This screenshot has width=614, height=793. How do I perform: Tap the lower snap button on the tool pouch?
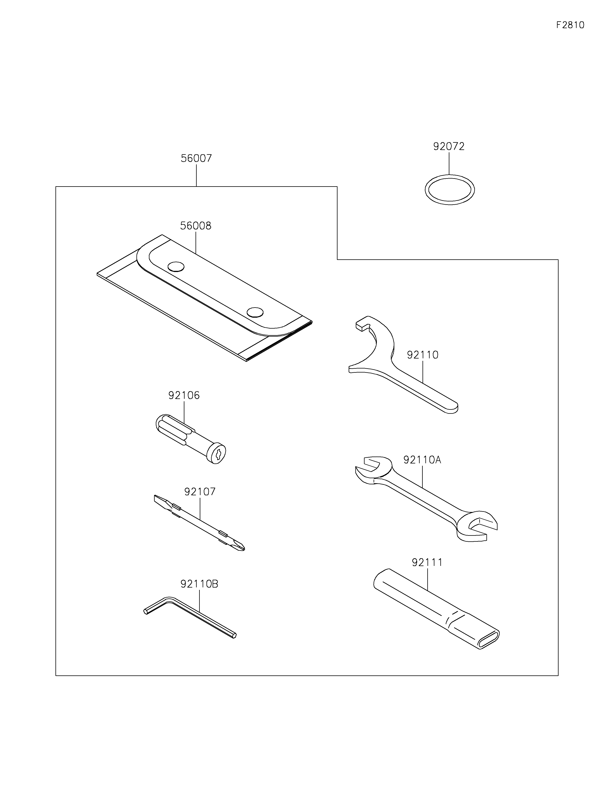click(255, 312)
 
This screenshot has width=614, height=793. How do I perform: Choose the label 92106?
click(184, 395)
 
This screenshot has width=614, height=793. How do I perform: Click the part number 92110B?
click(199, 584)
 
